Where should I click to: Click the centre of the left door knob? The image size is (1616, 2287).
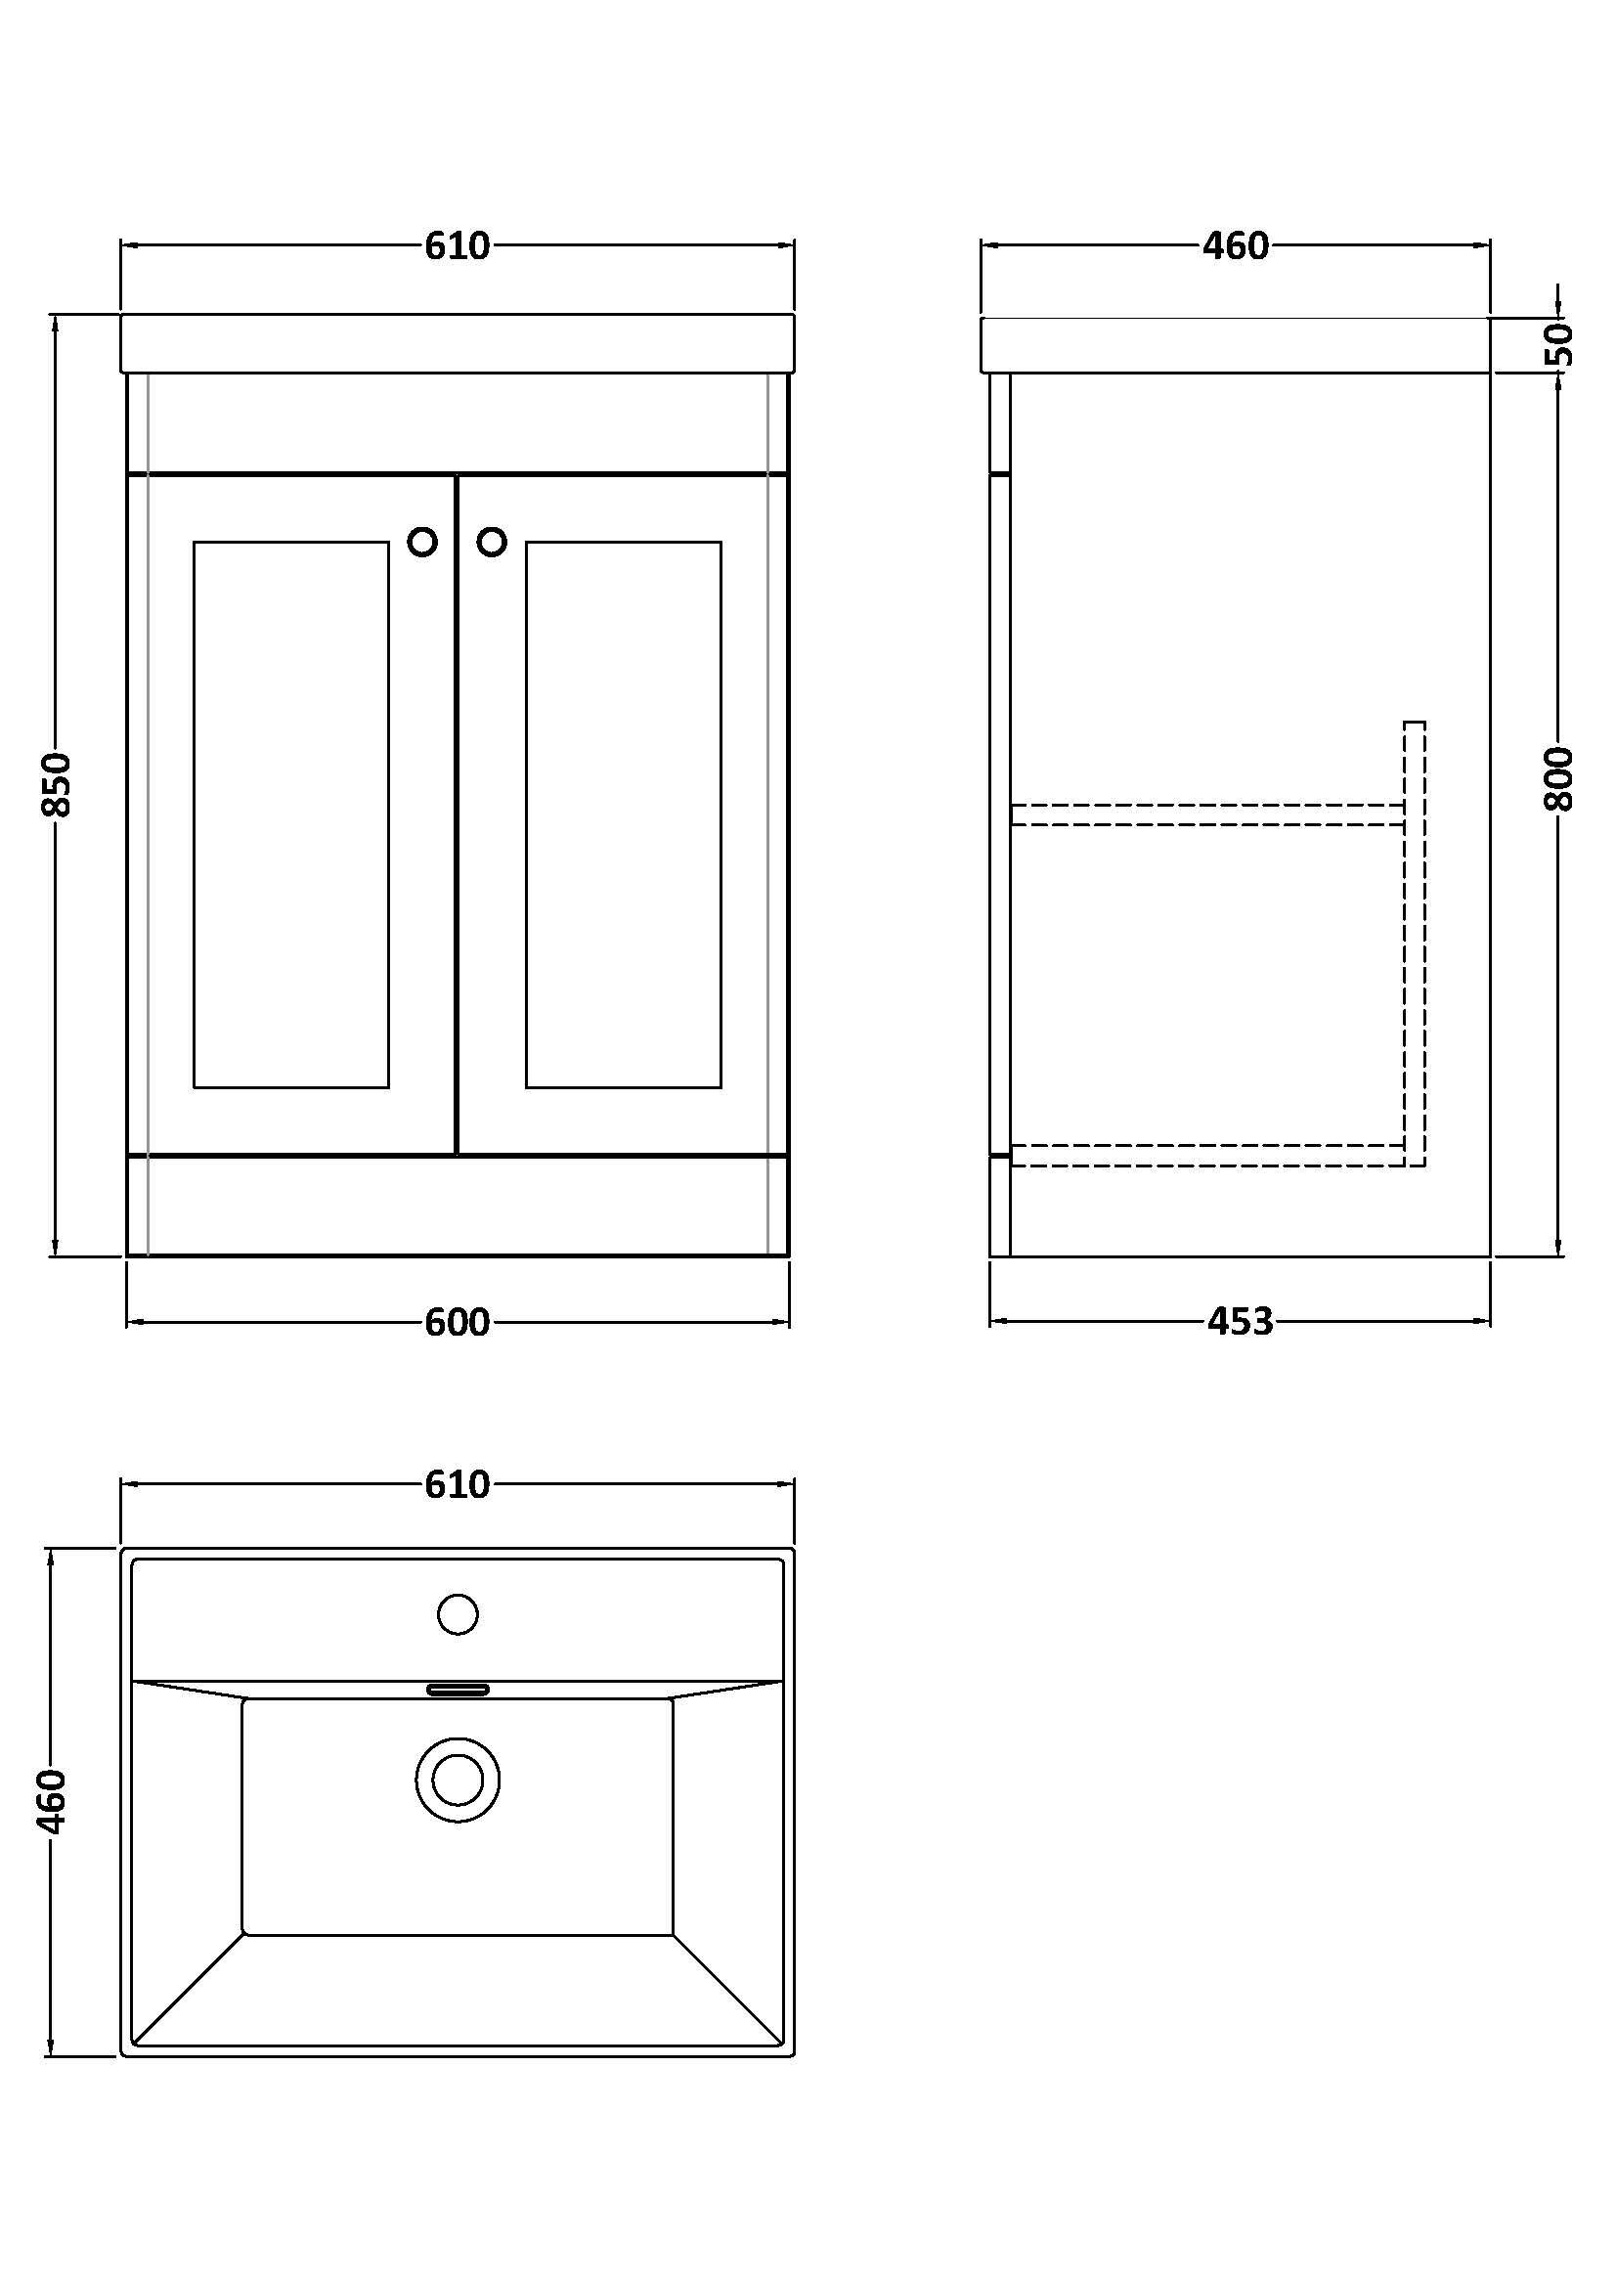[422, 542]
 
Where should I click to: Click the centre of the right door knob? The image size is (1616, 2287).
[492, 542]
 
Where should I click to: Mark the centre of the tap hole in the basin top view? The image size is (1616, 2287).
[459, 1613]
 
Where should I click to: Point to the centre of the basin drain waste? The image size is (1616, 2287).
[459, 1781]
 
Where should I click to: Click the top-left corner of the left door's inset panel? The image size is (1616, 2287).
[195, 542]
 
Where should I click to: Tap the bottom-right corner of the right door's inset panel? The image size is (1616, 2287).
[721, 1087]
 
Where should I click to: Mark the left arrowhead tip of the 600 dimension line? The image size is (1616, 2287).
[127, 1322]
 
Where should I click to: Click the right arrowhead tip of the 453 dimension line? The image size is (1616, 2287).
[1491, 1321]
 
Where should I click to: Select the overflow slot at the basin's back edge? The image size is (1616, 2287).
[459, 1689]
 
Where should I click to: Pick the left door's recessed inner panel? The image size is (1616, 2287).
[291, 814]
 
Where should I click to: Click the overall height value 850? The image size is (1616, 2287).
[57, 785]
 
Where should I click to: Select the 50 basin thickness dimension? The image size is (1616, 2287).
[1560, 343]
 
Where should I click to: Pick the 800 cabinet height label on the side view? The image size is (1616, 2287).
[1559, 779]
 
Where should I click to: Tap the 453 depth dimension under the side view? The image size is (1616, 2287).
[1241, 1321]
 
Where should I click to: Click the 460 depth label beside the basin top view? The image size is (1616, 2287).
[51, 1801]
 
